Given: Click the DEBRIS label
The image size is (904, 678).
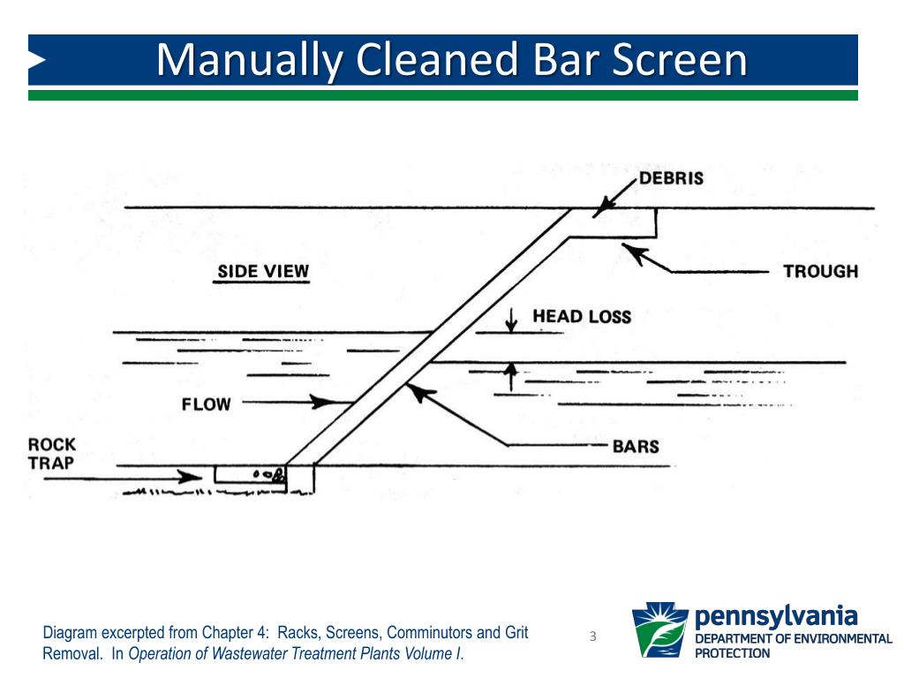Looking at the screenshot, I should (x=671, y=178).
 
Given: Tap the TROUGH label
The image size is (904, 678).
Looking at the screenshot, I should (x=820, y=271).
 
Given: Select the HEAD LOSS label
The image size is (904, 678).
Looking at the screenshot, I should (x=582, y=316).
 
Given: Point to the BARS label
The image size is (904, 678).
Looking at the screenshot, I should (x=636, y=446).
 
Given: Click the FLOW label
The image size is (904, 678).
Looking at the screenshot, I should (x=206, y=404).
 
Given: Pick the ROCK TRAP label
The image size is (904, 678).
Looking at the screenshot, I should (x=52, y=453).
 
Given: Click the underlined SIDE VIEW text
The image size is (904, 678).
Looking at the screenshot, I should (x=263, y=271).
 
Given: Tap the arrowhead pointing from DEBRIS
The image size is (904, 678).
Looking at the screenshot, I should (x=599, y=210).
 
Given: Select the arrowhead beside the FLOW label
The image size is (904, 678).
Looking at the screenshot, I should (x=324, y=403).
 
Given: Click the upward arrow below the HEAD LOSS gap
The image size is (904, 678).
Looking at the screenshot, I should (x=509, y=373).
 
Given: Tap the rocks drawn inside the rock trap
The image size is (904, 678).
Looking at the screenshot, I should (x=268, y=475).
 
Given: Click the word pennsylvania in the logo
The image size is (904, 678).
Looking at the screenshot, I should (x=776, y=614).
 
